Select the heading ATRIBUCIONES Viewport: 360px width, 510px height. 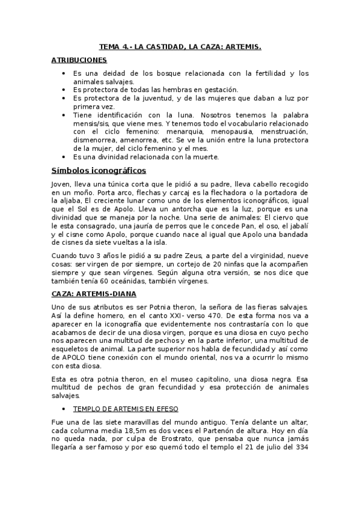tap(79, 61)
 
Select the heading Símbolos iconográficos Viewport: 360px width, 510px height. tap(94, 170)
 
